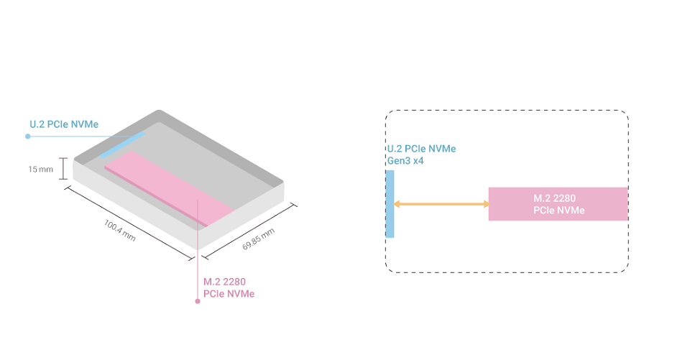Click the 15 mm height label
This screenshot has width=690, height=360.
click(40, 170)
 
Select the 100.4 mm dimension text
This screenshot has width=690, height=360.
click(119, 230)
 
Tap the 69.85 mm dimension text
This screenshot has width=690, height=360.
click(258, 239)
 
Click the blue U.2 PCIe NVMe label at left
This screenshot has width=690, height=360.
click(64, 125)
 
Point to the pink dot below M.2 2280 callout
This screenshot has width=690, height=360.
click(198, 301)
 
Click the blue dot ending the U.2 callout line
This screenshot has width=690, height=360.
click(28, 135)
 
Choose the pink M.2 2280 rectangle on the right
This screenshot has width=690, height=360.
click(558, 204)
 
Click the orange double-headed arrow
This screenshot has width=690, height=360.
click(441, 205)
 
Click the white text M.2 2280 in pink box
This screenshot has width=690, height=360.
click(554, 198)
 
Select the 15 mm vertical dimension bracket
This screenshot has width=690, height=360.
click(63, 170)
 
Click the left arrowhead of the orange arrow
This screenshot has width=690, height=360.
click(397, 205)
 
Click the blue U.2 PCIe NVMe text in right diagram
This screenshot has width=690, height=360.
click(421, 149)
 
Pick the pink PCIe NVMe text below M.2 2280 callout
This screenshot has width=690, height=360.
click(229, 293)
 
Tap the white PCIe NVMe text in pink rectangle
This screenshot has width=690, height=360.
click(558, 211)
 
